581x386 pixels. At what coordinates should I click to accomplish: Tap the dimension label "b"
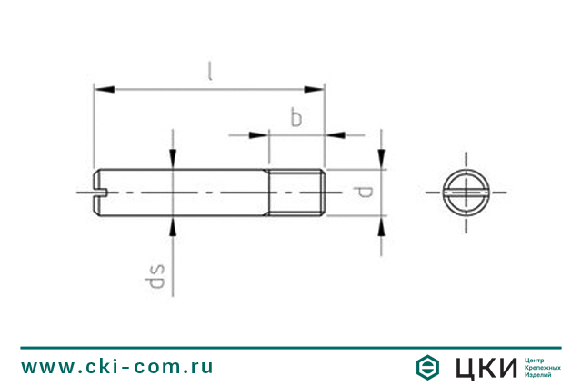[x=296, y=118]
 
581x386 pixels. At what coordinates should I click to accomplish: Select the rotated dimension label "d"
[x=363, y=193]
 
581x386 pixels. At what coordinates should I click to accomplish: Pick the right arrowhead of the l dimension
[x=315, y=88]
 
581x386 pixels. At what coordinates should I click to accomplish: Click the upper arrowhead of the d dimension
[x=382, y=161]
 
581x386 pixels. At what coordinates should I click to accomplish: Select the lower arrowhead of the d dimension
[x=382, y=224]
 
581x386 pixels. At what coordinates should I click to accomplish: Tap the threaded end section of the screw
[x=296, y=193]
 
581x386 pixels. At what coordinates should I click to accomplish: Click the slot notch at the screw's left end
[x=100, y=193]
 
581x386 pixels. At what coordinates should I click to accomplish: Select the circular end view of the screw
[x=466, y=193]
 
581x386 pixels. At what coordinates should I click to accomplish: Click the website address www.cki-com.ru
[x=117, y=367]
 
